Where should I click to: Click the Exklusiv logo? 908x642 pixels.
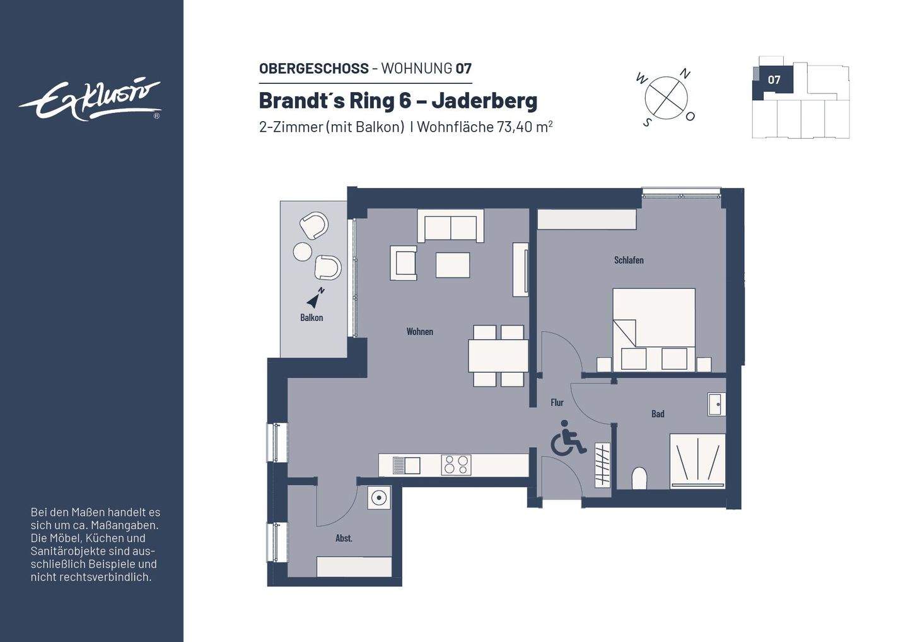tap(90, 100)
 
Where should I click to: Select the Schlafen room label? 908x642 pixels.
tap(629, 260)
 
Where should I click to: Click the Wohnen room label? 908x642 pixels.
tap(419, 331)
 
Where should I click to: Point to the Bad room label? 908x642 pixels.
tap(658, 414)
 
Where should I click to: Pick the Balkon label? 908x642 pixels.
tap(311, 317)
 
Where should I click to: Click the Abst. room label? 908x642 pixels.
tap(344, 538)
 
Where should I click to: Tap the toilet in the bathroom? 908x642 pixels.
tap(639, 478)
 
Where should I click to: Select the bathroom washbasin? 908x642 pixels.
tap(716, 404)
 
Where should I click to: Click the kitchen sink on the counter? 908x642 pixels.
tap(406, 465)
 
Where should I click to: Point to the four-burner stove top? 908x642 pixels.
tap(456, 465)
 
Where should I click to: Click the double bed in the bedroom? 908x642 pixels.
tap(654, 329)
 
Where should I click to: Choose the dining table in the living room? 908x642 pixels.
tap(498, 356)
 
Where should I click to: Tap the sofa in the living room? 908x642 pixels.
tap(450, 226)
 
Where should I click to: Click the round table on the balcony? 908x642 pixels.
tap(303, 252)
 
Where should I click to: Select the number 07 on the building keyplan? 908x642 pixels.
tap(774, 80)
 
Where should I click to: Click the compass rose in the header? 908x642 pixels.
tap(666, 98)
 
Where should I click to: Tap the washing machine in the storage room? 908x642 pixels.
tap(379, 498)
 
